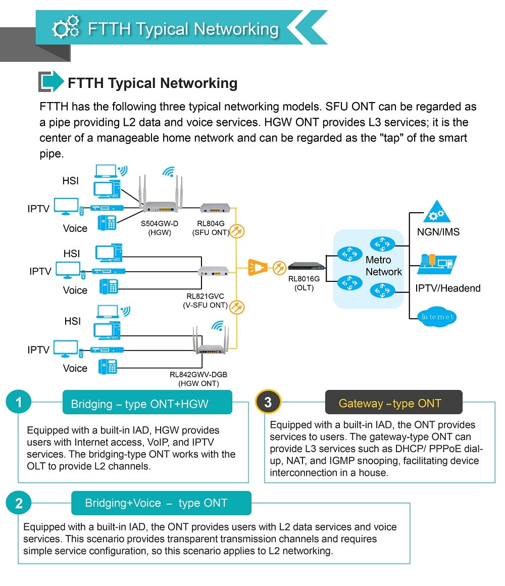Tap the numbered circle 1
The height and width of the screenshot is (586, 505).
[19, 402]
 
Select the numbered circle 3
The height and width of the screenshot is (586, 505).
[268, 402]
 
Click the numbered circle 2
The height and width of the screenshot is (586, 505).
[19, 503]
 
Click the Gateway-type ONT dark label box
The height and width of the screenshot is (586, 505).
[394, 402]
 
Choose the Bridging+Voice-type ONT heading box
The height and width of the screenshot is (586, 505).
[162, 503]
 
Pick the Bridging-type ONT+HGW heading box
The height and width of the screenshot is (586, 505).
[147, 402]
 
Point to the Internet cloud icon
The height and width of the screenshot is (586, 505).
[437, 317]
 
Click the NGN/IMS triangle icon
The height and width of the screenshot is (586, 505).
[437, 212]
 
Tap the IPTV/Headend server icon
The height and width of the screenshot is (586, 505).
[437, 264]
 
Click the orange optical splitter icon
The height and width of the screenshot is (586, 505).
[258, 267]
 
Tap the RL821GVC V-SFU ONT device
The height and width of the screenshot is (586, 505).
[213, 271]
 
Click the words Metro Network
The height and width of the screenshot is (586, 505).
[384, 266]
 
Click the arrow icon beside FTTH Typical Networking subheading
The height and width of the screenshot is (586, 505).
[51, 81]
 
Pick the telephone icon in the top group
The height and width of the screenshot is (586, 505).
[107, 222]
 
